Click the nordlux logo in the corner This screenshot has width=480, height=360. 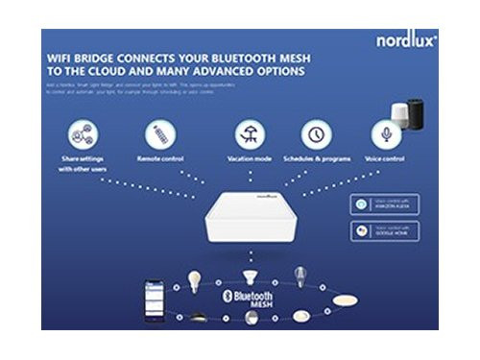click(x=406, y=41)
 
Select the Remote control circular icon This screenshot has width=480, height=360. click(x=160, y=133)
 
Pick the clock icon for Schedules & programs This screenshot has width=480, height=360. click(x=316, y=133)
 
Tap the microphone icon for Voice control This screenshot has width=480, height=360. click(x=386, y=133)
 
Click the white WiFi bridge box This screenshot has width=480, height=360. click(x=247, y=220)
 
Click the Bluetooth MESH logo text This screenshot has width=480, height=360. click(x=247, y=300)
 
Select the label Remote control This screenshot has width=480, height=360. click(x=160, y=158)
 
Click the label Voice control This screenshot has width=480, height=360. click(x=386, y=158)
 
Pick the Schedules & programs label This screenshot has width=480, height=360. click(x=316, y=158)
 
